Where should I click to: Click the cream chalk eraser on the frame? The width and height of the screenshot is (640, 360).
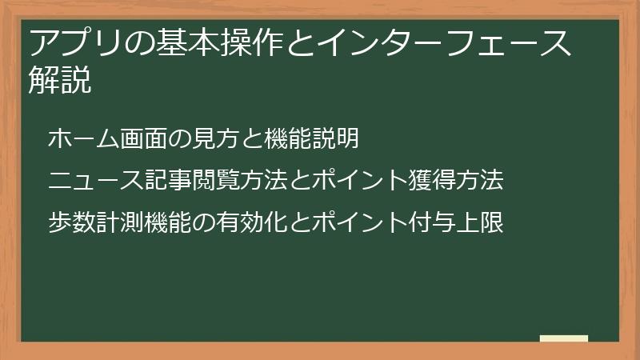564,338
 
